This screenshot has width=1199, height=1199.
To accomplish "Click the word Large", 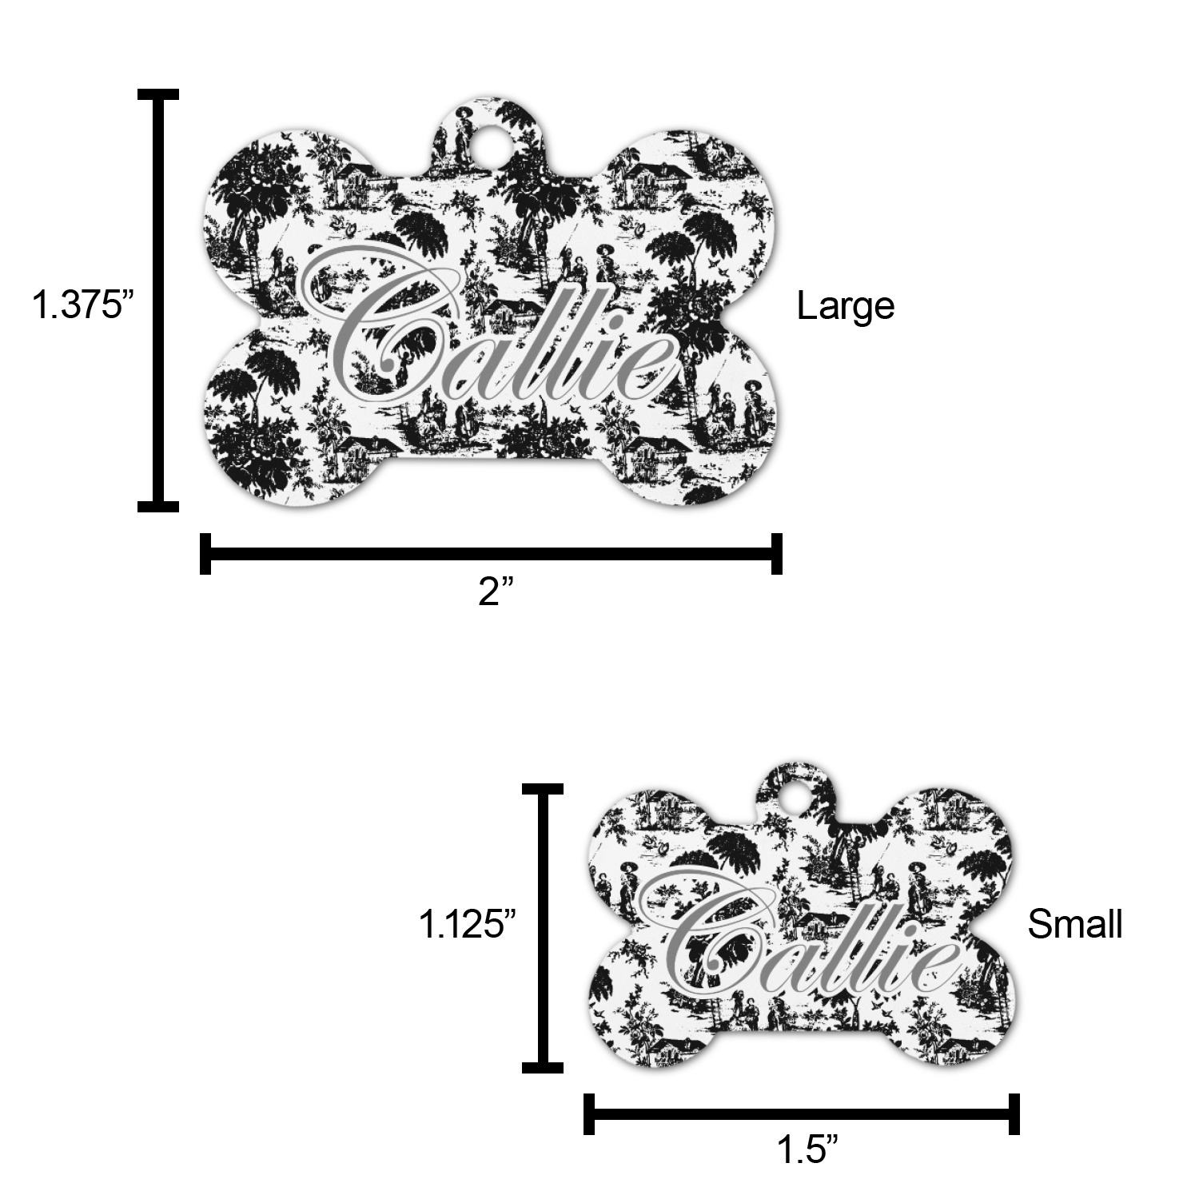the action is click(x=845, y=306).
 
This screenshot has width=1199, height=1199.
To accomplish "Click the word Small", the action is click(x=1074, y=924).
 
